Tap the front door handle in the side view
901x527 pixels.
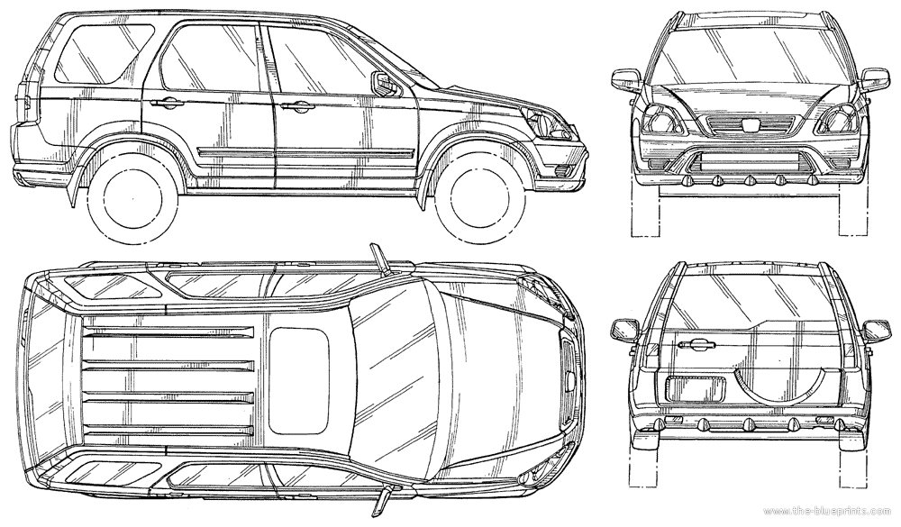(x=296, y=107)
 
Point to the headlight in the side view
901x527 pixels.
(x=545, y=123)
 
